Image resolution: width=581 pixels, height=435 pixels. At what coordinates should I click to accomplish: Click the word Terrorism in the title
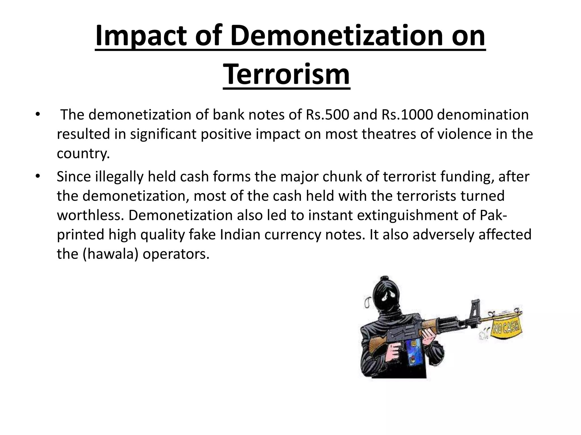point(287,75)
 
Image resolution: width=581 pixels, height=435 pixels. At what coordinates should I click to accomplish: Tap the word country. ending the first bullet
point(83,153)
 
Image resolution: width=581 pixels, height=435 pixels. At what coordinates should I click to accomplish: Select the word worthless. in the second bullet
point(90,215)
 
